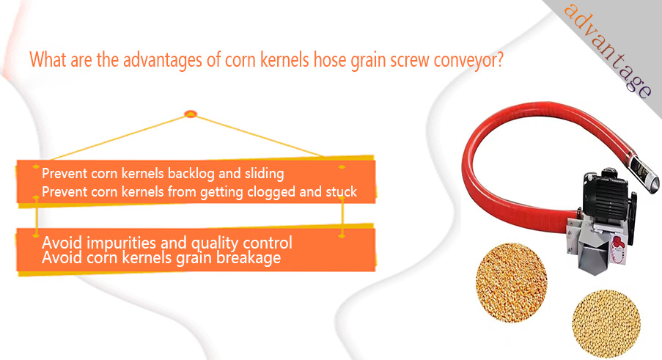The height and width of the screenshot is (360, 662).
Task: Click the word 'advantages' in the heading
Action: [163, 60]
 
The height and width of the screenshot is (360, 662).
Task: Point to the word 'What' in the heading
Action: [48, 59]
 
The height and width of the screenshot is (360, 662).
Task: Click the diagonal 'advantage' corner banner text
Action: [608, 51]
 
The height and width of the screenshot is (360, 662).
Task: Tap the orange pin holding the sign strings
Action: [191, 114]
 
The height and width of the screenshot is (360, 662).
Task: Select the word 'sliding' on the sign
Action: [265, 174]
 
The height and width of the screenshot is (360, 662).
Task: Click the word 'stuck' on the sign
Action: [341, 191]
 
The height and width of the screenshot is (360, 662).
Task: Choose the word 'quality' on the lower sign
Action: [215, 243]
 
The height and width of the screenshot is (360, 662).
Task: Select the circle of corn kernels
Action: [511, 283]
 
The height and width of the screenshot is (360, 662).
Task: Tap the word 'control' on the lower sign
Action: [268, 243]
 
